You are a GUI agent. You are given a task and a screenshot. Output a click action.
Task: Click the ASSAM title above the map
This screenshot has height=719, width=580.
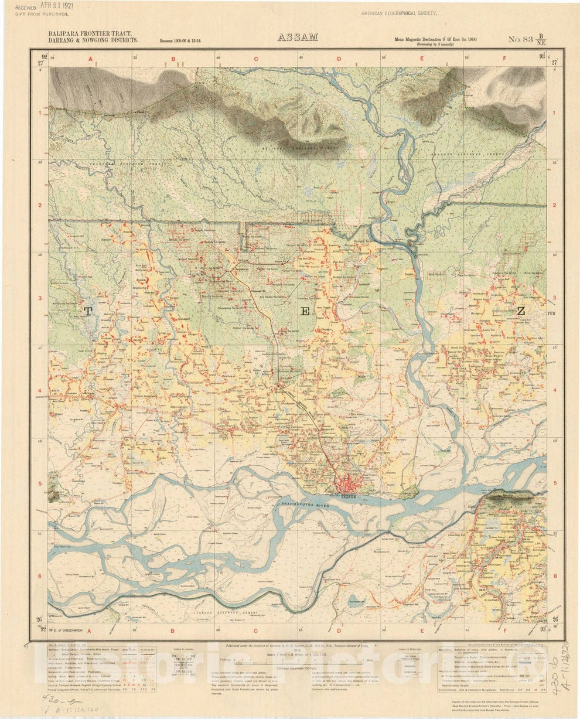point(298,38)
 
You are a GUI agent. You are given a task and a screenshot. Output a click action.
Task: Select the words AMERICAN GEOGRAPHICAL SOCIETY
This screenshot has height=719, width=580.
point(399,12)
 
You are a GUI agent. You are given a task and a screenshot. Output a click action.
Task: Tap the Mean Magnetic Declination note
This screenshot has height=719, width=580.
point(435,39)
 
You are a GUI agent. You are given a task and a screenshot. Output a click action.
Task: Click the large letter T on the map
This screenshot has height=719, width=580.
point(88,312)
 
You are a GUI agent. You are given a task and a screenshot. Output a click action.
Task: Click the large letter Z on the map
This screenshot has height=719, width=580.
point(521,311)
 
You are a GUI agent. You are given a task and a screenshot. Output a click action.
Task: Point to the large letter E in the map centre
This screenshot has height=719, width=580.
point(305,312)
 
